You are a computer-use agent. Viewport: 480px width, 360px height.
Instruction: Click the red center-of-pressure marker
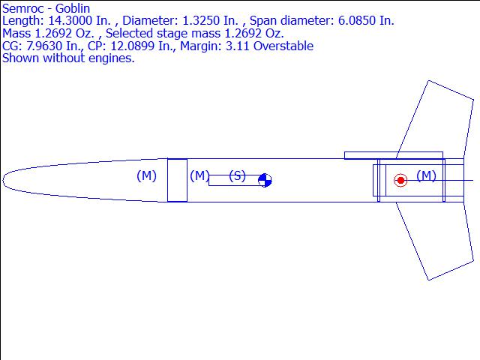point(400,180)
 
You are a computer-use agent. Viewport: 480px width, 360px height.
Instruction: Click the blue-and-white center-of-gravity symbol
point(265,180)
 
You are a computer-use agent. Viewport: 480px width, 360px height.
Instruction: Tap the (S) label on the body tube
point(237,176)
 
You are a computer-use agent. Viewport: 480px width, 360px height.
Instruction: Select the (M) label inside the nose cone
point(147,175)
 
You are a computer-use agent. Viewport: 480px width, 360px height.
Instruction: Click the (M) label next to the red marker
point(427,175)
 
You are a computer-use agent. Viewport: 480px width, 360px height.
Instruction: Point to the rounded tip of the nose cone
point(3,180)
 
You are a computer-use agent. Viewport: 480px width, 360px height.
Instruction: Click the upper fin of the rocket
point(435,119)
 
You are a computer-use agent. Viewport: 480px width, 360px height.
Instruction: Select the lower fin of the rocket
point(435,241)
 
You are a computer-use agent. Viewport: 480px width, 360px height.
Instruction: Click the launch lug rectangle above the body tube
point(394,155)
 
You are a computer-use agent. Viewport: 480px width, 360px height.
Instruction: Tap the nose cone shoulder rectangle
point(177,180)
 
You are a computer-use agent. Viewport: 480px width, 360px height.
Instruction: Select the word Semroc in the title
point(23,8)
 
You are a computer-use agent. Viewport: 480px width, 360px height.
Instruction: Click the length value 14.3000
point(70,20)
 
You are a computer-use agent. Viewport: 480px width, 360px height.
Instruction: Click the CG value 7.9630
point(45,46)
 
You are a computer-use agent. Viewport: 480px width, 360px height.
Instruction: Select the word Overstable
point(283,46)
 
